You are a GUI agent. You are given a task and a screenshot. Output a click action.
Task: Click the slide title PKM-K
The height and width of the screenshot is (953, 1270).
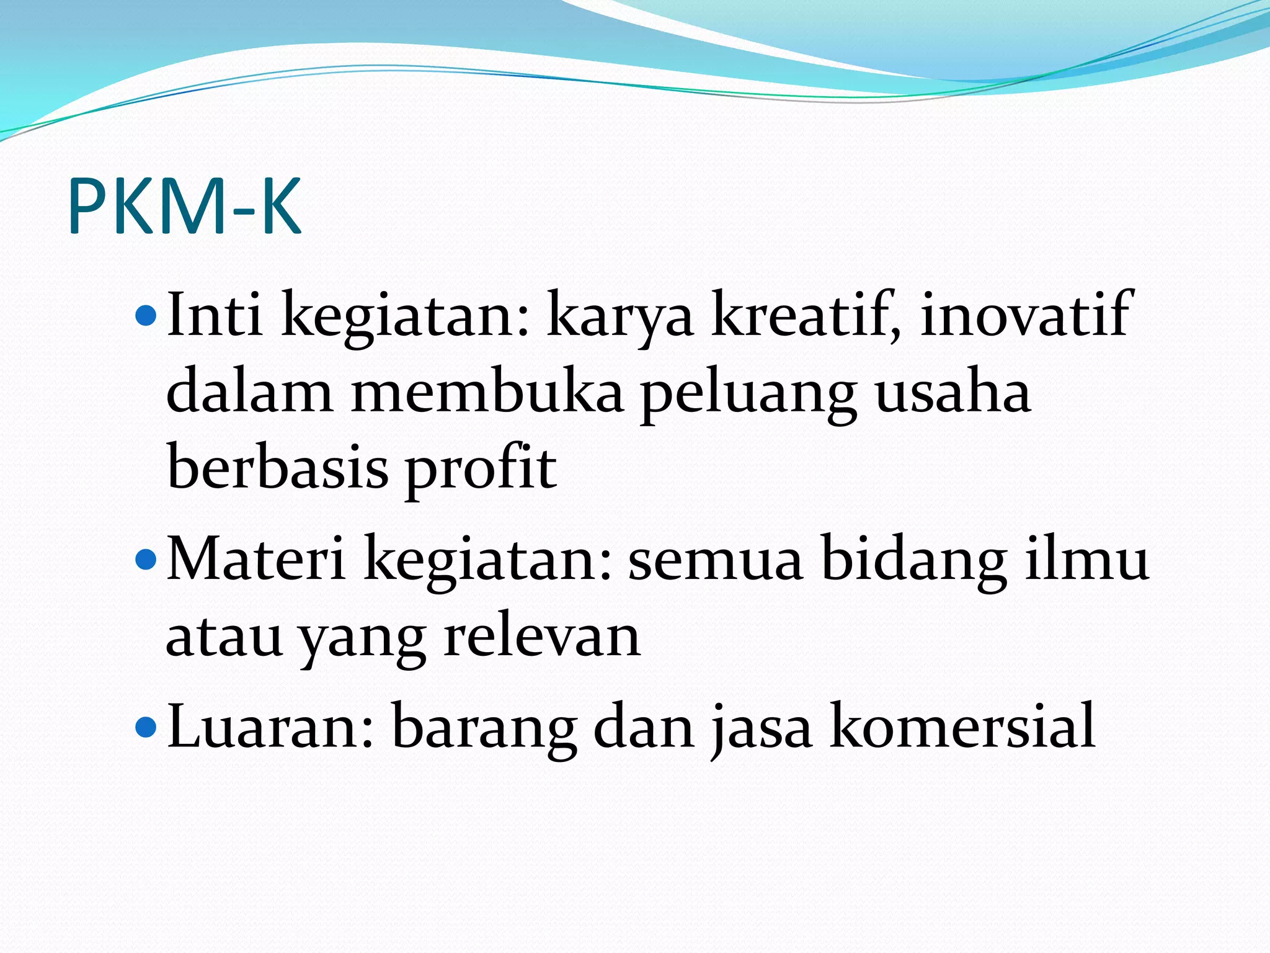[x=185, y=206]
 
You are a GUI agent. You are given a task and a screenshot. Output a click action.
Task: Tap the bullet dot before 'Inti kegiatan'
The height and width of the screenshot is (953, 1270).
[x=146, y=315]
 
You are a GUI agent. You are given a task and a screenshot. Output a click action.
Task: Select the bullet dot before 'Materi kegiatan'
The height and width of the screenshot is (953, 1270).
[x=146, y=560]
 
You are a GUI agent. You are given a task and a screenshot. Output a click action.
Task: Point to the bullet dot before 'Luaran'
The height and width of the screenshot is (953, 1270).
[x=146, y=725]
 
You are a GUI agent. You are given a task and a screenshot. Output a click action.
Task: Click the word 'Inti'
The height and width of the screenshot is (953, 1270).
[x=215, y=315]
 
